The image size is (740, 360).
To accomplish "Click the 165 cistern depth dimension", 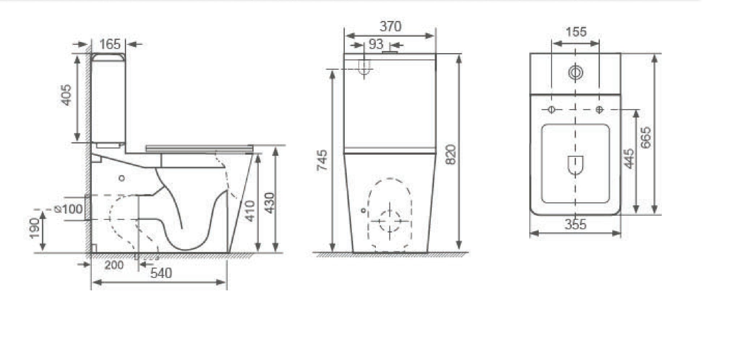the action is [x=110, y=44].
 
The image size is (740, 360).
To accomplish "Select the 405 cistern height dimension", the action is [x=66, y=95].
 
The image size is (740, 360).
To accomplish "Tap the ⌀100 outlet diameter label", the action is [x=68, y=209].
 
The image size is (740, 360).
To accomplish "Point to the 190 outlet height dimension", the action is [x=35, y=228].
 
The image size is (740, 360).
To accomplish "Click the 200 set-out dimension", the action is [x=114, y=265].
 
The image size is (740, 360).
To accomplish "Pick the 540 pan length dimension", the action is [x=161, y=273].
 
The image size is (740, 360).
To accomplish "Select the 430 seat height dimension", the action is [x=269, y=203].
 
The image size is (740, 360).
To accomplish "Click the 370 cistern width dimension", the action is [x=390, y=26].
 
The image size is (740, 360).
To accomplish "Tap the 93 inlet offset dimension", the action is [x=376, y=44].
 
